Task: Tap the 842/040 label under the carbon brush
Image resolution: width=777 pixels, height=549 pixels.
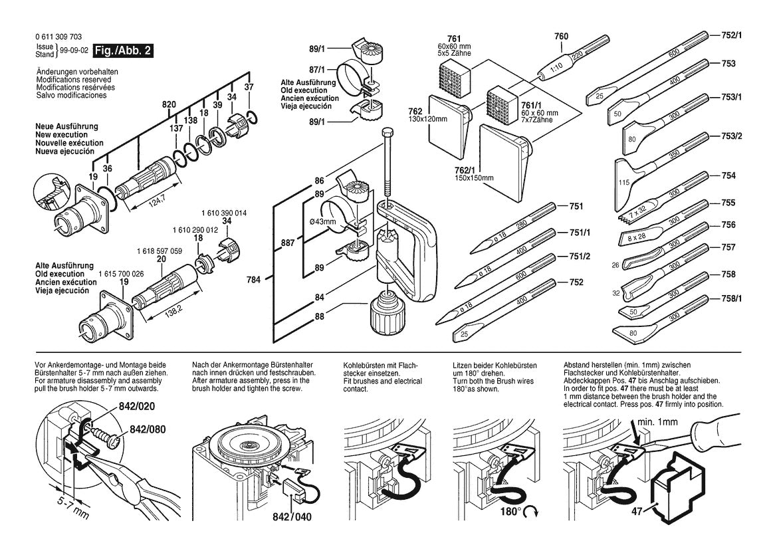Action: click(292, 517)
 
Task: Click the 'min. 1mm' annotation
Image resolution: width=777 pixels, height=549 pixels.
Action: click(657, 421)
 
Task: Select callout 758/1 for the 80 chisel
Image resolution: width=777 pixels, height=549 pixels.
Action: click(732, 299)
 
